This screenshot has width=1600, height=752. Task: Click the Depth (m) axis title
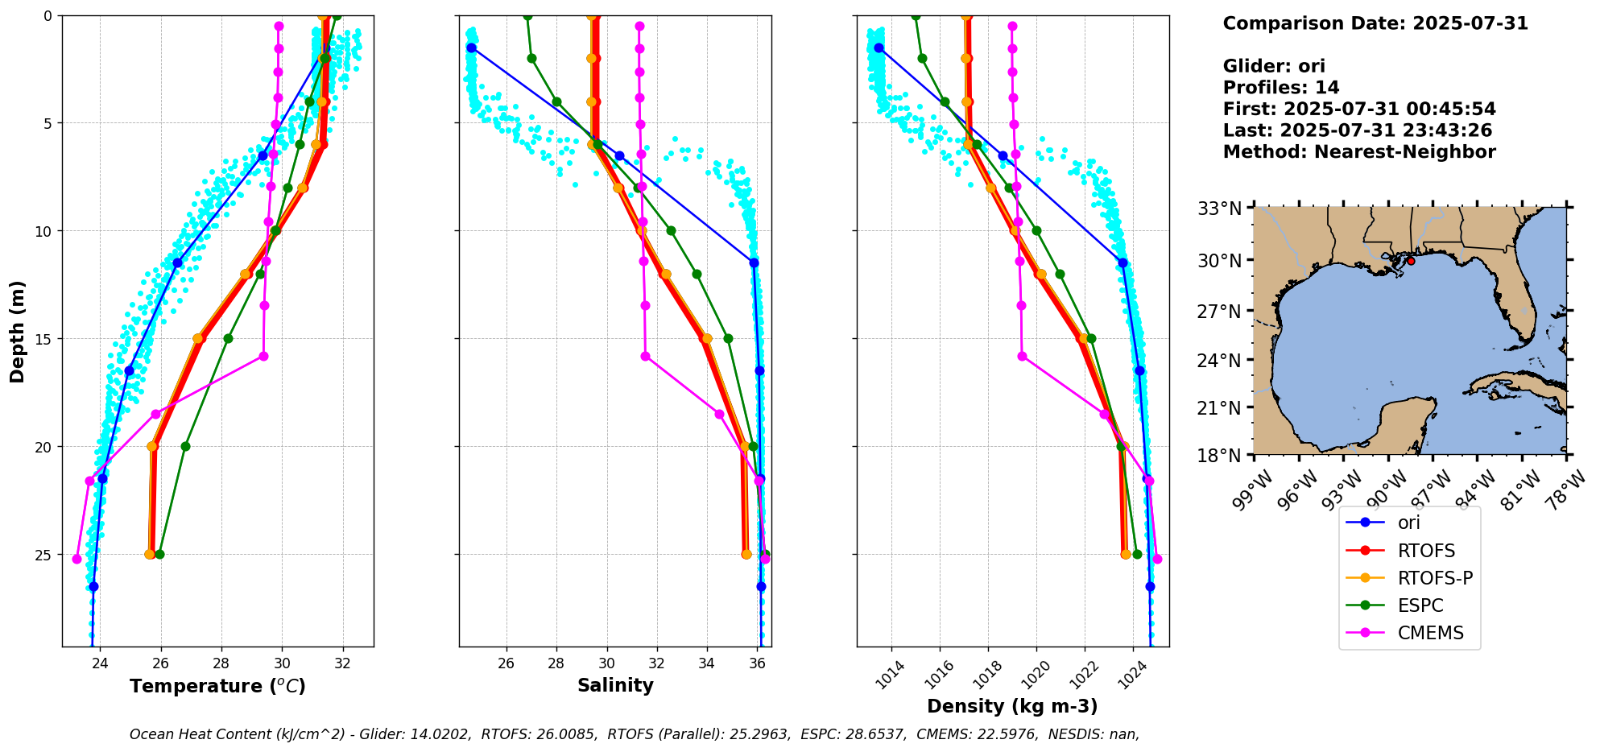coord(17,331)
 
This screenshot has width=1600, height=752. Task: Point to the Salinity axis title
coord(615,685)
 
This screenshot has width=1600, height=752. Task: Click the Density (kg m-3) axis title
coord(1012,706)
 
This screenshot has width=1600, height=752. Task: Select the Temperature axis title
coord(217,686)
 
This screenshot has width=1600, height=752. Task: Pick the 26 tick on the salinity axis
coord(506,663)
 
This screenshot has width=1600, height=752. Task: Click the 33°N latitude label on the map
coord(1221,209)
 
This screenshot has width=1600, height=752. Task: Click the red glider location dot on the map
coord(1411,261)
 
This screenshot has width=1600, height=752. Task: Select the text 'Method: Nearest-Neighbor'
coord(1358,152)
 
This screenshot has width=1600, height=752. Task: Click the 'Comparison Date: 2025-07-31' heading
coord(1375,23)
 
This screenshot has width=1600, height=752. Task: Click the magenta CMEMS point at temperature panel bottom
coord(76,559)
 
